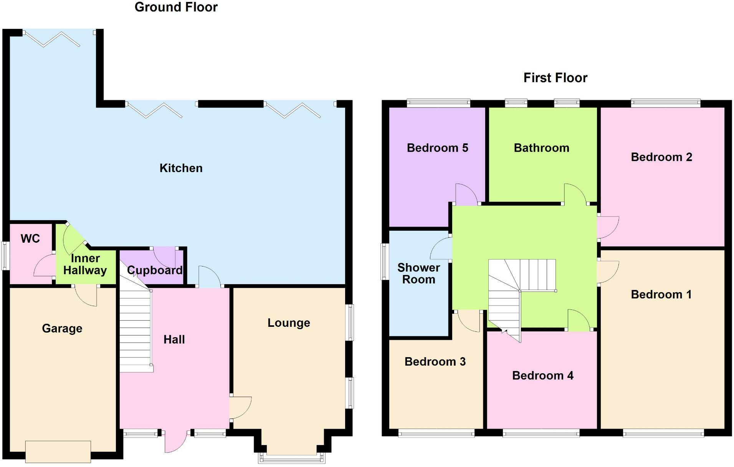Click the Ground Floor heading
176,7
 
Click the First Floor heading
555,78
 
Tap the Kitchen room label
181,168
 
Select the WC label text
30,238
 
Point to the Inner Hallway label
85,264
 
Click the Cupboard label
155,270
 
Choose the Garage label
62,328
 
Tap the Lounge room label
289,323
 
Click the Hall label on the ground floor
174,339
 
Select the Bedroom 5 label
437,148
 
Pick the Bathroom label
541,148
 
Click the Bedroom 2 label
661,157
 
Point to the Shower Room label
419,273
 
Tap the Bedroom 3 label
435,362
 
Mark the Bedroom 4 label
542,376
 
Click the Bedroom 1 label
661,295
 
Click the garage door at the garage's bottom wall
58,452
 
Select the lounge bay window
292,458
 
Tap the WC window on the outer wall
5,255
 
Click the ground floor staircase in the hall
135,330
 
